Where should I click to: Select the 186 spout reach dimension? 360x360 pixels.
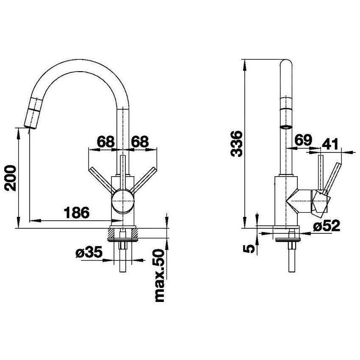[76, 213]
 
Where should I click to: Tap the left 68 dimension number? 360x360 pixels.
[105, 142]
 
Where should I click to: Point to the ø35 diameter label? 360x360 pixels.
[89, 253]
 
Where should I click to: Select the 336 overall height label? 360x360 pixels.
[236, 144]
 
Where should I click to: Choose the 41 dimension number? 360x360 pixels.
[330, 144]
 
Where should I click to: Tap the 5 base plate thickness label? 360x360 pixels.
[249, 249]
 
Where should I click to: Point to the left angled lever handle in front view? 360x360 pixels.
[102, 179]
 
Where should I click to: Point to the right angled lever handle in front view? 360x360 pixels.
[144, 179]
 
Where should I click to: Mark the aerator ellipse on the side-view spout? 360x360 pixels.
[286, 127]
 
